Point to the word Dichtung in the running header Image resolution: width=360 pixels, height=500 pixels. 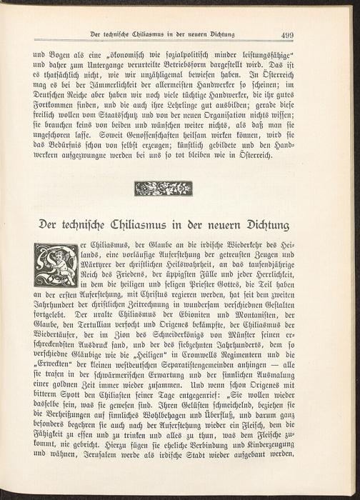pyautogui.click(x=214, y=34)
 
